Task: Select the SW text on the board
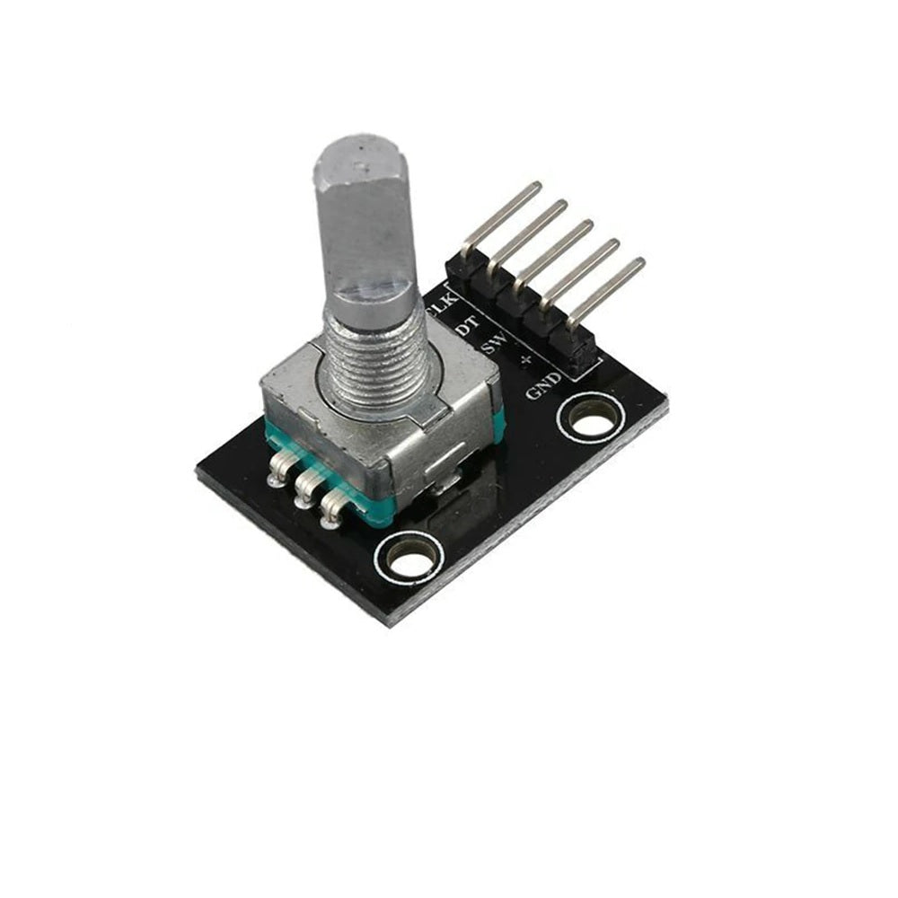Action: point(493,343)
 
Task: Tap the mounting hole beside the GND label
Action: point(588,418)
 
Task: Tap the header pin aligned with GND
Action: point(606,290)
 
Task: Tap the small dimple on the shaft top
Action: point(361,165)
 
